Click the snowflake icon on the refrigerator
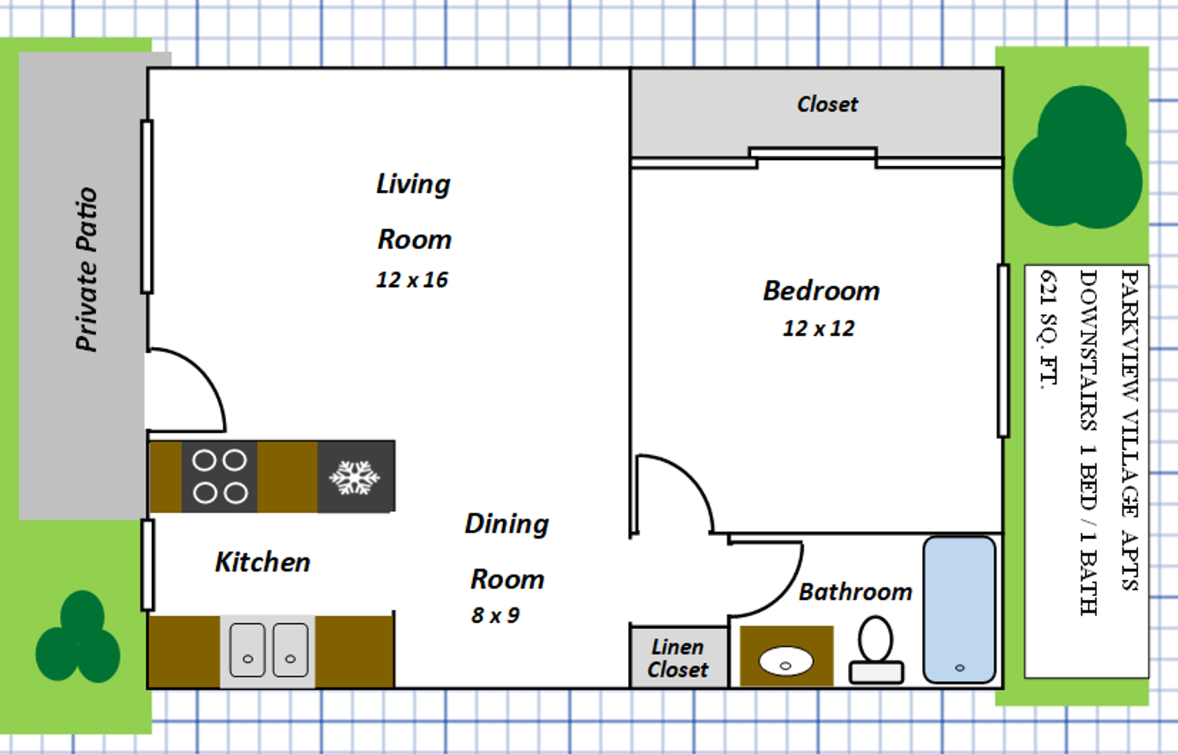[x=355, y=478]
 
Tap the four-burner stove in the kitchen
[x=219, y=477]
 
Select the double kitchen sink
[x=268, y=651]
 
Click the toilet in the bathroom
[x=876, y=650]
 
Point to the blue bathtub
[x=960, y=609]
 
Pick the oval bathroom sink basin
[x=786, y=661]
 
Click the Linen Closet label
[x=678, y=658]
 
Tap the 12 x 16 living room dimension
[x=412, y=280]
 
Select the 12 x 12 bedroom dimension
[x=819, y=328]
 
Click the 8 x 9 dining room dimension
[x=495, y=615]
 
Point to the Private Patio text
[x=87, y=269]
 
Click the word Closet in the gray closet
[x=827, y=104]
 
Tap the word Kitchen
[x=262, y=562]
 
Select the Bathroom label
[x=855, y=592]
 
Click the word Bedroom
[x=821, y=291]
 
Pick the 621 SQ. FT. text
[x=1049, y=330]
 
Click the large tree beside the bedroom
[x=1078, y=157]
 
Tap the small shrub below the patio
[x=78, y=637]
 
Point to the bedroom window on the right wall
[x=1004, y=351]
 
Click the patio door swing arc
[x=205, y=377]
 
